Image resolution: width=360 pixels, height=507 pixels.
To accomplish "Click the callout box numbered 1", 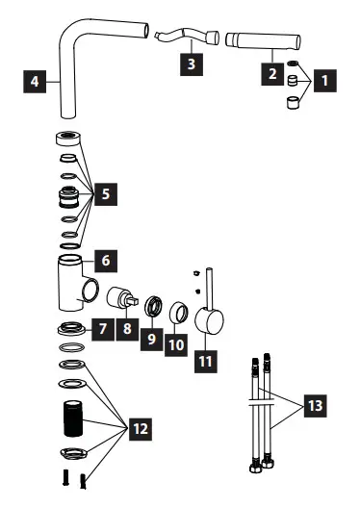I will (x=327, y=83).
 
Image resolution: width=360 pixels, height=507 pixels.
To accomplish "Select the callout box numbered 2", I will (x=273, y=72).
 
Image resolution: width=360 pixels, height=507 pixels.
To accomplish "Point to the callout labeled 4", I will (x=36, y=80).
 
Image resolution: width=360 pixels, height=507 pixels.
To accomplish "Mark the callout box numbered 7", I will (x=102, y=329).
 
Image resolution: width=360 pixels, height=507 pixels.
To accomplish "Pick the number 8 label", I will (x=127, y=329).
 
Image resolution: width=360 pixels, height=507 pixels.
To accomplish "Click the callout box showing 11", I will (x=203, y=362).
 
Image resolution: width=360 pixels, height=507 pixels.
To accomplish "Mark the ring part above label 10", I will (x=177, y=313).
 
